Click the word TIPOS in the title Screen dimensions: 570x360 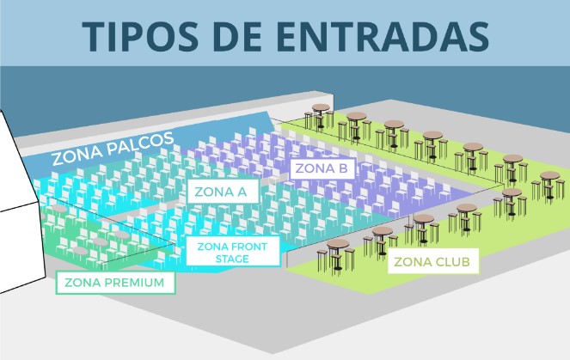pos(140,36)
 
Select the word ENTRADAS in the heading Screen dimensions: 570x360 pos(383,36)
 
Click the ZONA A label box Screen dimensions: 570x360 pos(223,191)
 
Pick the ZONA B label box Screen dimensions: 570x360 pos(322,168)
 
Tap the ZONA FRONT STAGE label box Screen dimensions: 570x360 pos(233,252)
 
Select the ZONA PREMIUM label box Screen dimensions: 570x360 pos(115,283)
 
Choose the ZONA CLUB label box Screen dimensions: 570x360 pos(432,261)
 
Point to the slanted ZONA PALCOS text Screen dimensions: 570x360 pos(113,148)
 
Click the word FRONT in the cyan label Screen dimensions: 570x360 pos(249,247)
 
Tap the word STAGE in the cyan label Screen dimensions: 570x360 pos(232,259)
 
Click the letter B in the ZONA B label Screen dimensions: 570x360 pos(342,168)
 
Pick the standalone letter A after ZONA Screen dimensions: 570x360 pos(241,192)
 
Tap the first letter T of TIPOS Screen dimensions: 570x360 pos(92,36)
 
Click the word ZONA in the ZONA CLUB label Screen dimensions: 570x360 pos(411,261)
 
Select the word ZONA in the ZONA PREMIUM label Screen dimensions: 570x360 pos(81,283)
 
